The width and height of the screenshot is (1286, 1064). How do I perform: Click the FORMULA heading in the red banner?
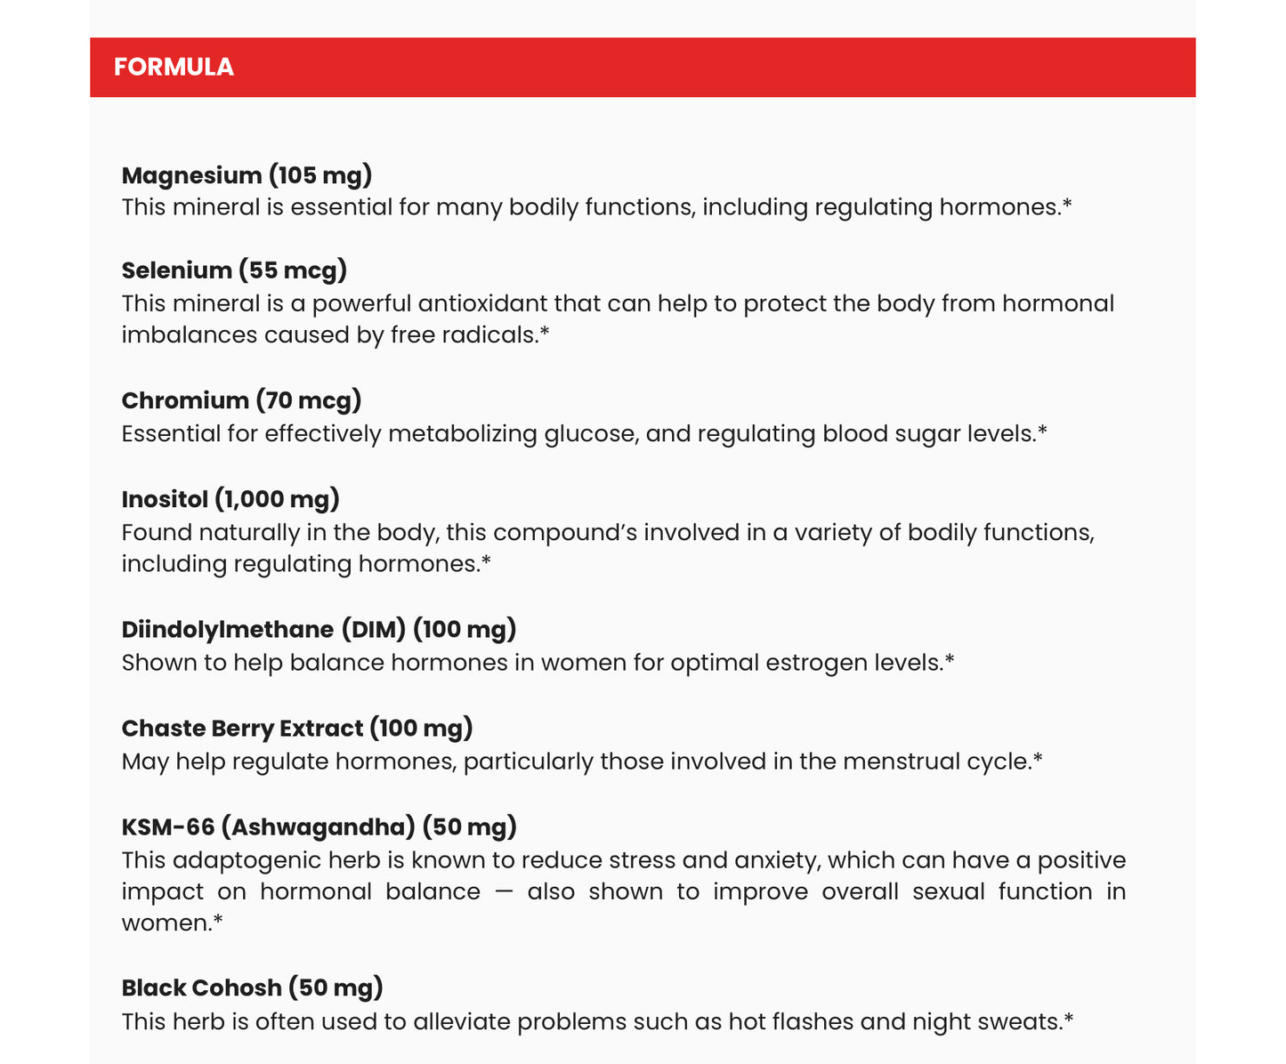click(x=174, y=68)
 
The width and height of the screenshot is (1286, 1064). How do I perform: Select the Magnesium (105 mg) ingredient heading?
click(x=247, y=175)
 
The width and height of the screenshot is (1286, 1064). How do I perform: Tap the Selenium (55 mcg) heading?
click(x=234, y=270)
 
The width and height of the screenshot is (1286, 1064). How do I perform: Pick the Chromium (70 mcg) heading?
click(x=241, y=401)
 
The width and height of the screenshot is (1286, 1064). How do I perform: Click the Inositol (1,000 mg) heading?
click(x=231, y=499)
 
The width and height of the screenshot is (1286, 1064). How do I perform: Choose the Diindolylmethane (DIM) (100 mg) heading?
click(x=319, y=630)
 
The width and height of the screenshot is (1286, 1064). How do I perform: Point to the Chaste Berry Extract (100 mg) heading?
click(x=297, y=729)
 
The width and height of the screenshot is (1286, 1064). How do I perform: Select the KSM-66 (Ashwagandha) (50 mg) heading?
click(x=319, y=827)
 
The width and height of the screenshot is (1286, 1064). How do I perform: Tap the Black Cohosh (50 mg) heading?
click(x=252, y=988)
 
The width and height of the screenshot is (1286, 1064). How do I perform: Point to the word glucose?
click(x=590, y=434)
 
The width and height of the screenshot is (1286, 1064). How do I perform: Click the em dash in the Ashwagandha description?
click(x=503, y=892)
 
